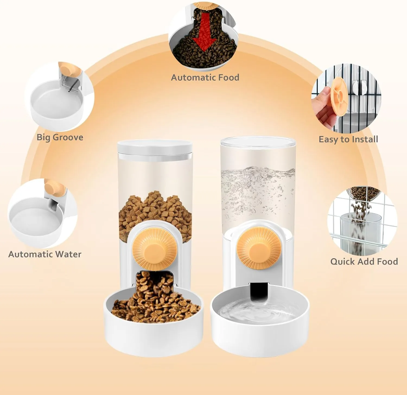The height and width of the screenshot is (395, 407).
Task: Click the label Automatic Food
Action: (x=205, y=78)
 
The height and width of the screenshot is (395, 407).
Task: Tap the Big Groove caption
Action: (x=60, y=137)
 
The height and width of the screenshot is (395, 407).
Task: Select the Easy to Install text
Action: (x=348, y=139)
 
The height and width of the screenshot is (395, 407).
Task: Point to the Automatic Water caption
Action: (x=45, y=254)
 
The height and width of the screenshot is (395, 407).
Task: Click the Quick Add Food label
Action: (x=364, y=262)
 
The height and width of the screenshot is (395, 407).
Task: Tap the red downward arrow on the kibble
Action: (x=204, y=32)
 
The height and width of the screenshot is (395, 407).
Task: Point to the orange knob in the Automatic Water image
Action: (x=55, y=188)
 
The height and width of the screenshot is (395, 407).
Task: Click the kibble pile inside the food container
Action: (x=155, y=214)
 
